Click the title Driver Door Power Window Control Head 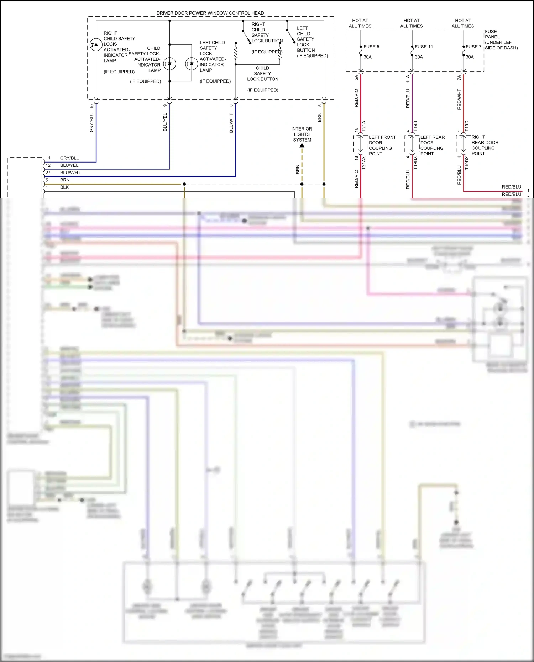(210, 13)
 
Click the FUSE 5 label (371, 47)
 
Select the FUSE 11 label (424, 47)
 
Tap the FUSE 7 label (473, 47)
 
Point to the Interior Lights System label (302, 134)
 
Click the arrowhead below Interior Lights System (302, 145)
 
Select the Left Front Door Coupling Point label (382, 145)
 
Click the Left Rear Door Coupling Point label (432, 145)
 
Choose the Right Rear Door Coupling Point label (485, 145)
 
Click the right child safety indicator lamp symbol (96, 45)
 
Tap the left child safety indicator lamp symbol (192, 64)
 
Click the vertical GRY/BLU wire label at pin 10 (91, 122)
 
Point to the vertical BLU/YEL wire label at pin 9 (165, 122)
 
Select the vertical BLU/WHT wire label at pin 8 (231, 123)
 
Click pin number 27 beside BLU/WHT (48, 173)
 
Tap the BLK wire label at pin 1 (64, 187)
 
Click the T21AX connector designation (364, 163)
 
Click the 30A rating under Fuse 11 (419, 57)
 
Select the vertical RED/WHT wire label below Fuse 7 (459, 99)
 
